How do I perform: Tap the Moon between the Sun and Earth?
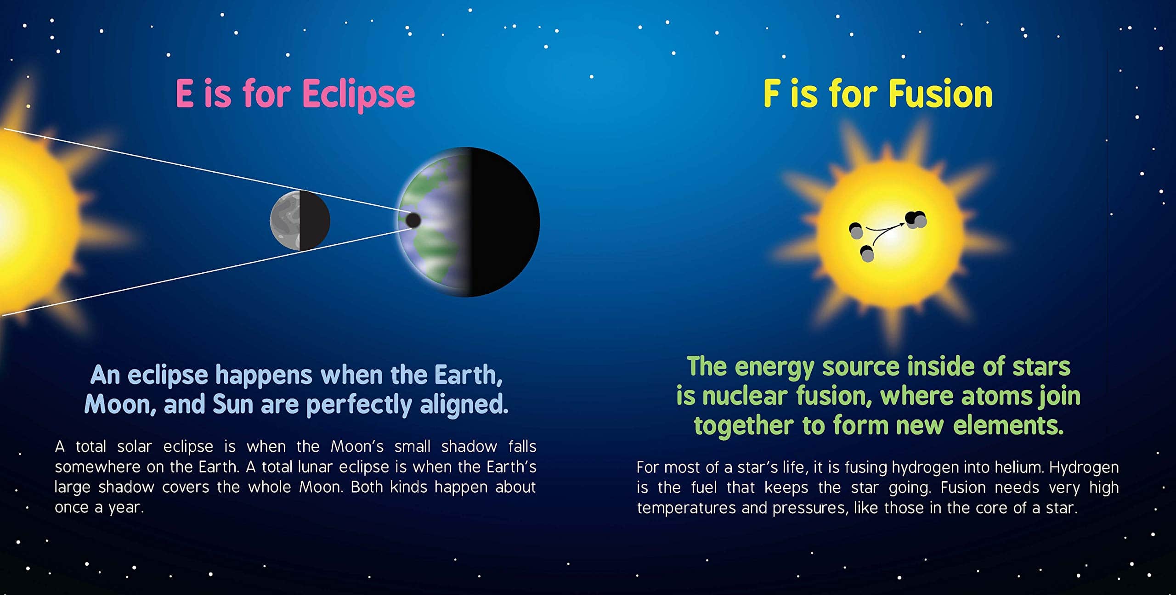tap(300, 220)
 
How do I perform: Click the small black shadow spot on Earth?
tap(413, 220)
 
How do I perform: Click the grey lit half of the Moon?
tap(285, 220)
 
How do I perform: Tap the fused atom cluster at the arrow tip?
tap(916, 219)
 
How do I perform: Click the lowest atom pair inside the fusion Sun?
tap(867, 254)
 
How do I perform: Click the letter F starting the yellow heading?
tap(771, 94)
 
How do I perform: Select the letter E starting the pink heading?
tap(184, 94)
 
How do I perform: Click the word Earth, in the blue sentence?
tap(469, 376)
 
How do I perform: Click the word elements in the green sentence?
tap(1008, 426)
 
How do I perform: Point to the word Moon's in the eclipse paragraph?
tap(357, 446)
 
